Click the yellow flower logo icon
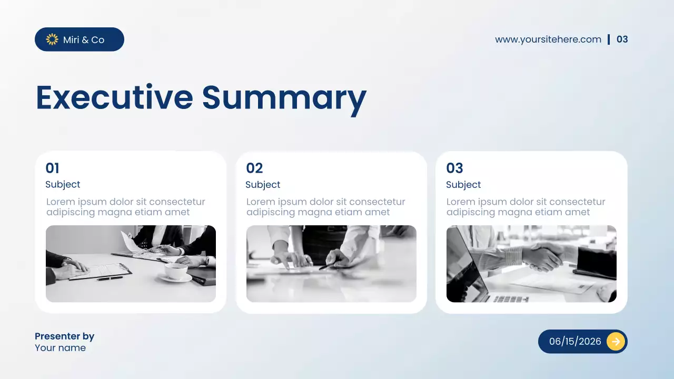pyautogui.click(x=52, y=39)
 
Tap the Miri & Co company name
pyautogui.click(x=84, y=40)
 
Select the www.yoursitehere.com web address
pyautogui.click(x=548, y=39)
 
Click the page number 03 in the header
pyautogui.click(x=622, y=39)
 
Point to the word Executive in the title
pyautogui.click(x=114, y=98)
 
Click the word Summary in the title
pyautogui.click(x=284, y=98)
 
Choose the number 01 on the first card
pyautogui.click(x=52, y=168)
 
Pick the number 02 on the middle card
pyautogui.click(x=254, y=168)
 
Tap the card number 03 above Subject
pyautogui.click(x=454, y=168)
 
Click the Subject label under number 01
pyautogui.click(x=63, y=185)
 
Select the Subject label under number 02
pyautogui.click(x=263, y=185)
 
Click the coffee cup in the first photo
pyautogui.click(x=176, y=271)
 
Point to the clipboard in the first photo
pyautogui.click(x=100, y=271)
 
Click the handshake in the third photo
pyautogui.click(x=542, y=257)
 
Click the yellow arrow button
pyautogui.click(x=615, y=342)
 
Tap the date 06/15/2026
pyautogui.click(x=574, y=342)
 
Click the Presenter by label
pyautogui.click(x=64, y=336)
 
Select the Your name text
pyautogui.click(x=60, y=348)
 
